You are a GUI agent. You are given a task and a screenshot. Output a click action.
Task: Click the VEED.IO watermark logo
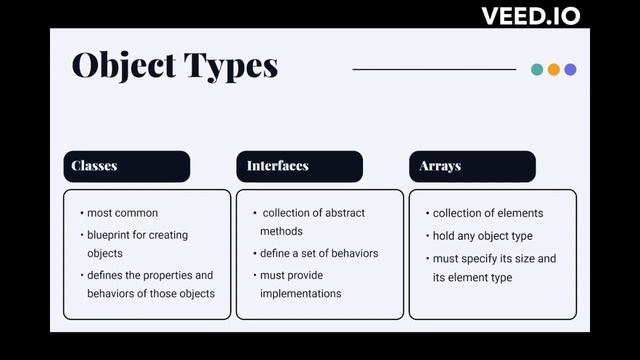[530, 16]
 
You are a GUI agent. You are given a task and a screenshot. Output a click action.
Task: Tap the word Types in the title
[229, 66]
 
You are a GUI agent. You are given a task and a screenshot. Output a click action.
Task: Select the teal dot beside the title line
[537, 69]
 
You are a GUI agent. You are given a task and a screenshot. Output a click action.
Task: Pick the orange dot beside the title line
[554, 69]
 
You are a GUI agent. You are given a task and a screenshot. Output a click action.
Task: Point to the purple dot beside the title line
[570, 69]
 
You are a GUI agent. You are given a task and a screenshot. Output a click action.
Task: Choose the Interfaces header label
[277, 165]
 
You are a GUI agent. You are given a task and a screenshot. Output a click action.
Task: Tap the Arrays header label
[440, 165]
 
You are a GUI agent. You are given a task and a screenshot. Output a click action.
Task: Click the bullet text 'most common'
[122, 213]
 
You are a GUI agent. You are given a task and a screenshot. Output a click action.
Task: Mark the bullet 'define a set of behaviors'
[319, 253]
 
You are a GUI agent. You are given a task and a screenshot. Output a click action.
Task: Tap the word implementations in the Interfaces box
[300, 293]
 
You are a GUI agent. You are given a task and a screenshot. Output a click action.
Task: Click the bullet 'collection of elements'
[488, 213]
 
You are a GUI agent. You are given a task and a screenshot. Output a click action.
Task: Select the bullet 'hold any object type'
[482, 236]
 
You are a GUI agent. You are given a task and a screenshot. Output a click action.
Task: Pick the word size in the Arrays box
[525, 258]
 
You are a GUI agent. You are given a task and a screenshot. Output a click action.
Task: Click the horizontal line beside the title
[434, 69]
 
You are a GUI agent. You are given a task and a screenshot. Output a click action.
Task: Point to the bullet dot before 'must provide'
[253, 275]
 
